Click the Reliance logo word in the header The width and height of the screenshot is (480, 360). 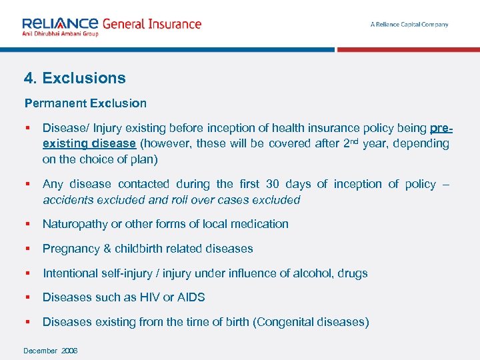coord(60,23)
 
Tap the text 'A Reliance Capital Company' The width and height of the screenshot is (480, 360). coord(409,25)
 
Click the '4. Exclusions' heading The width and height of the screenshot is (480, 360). coord(75,78)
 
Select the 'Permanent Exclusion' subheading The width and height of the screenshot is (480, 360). coord(85,103)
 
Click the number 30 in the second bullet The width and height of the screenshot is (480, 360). coord(273,184)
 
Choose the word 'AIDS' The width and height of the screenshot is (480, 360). coord(191,297)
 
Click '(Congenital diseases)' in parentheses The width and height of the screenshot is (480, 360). coord(311,322)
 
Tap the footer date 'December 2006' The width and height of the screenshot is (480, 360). coord(51,351)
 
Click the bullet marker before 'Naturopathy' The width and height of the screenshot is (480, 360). coord(27,224)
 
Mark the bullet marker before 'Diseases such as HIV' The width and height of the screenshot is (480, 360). coord(27,297)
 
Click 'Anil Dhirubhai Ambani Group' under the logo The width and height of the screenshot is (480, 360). coord(60,33)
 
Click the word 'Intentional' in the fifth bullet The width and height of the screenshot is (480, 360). coord(71,273)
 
